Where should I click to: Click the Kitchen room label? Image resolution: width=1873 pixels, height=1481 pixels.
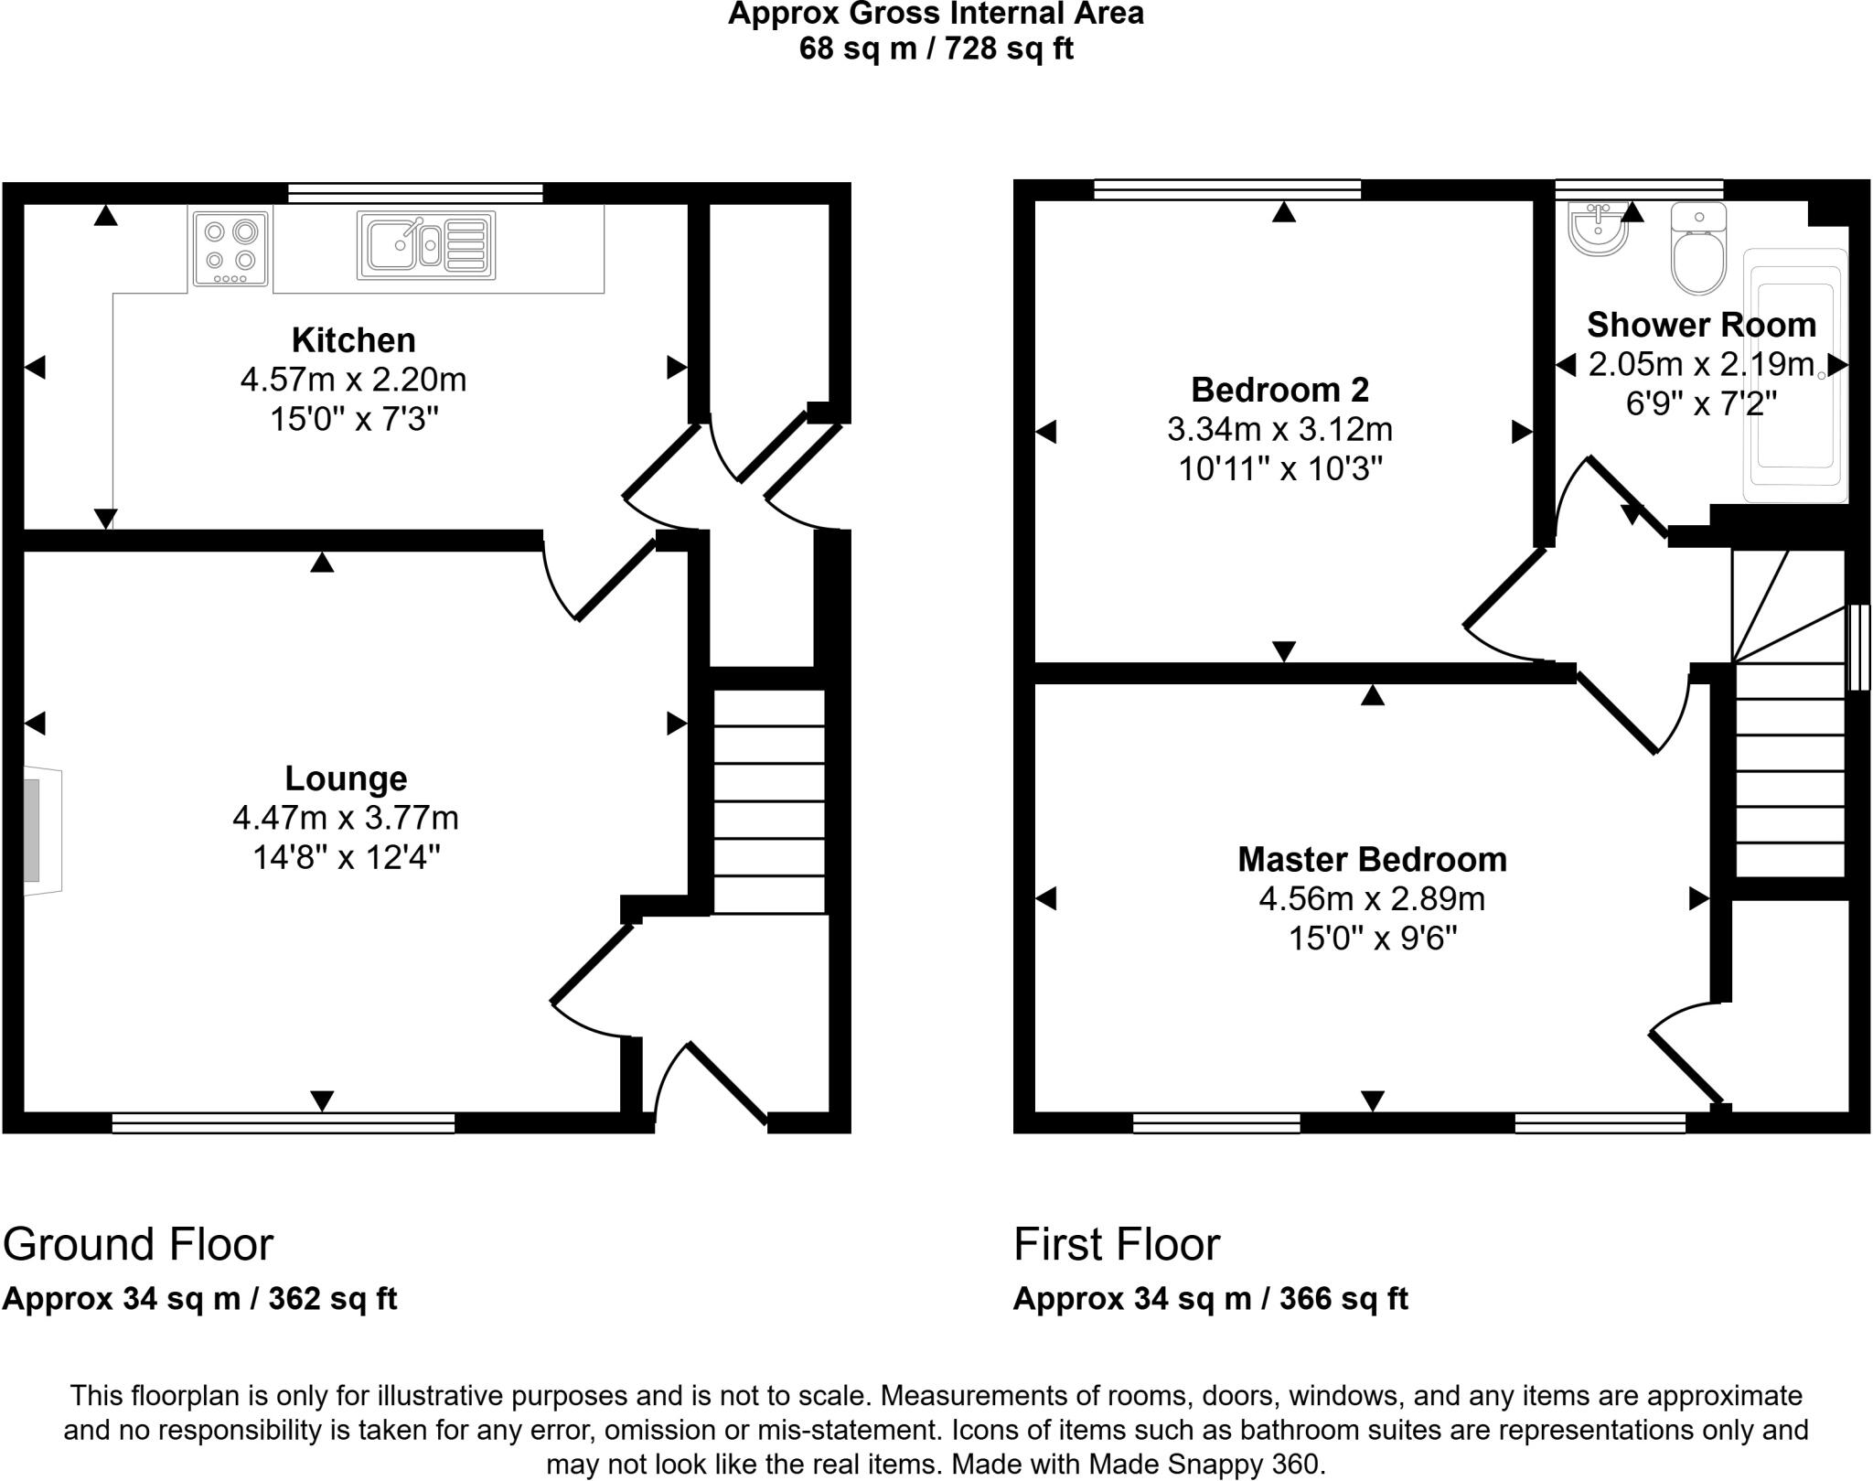(353, 340)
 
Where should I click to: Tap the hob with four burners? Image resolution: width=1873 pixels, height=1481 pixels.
(230, 247)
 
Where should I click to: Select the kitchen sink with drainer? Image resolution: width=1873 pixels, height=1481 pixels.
(426, 245)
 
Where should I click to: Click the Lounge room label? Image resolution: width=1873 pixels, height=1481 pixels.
(346, 778)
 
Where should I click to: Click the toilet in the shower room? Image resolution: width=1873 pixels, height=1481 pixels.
(1698, 250)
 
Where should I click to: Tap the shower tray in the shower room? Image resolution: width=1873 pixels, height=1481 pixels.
(1794, 375)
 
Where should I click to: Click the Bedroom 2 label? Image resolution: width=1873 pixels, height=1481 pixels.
(1279, 390)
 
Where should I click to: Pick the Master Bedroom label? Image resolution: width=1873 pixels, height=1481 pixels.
(1372, 860)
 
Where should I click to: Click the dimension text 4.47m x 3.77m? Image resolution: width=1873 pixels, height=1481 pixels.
(346, 818)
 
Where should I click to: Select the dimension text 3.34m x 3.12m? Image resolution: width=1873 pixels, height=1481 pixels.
(1279, 429)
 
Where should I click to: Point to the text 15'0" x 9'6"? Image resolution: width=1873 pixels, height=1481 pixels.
(1372, 939)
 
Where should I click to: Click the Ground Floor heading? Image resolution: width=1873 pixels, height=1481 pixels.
(138, 1244)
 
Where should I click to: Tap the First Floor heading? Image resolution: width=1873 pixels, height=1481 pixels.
(1117, 1244)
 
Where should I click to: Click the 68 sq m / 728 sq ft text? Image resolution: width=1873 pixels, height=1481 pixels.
(936, 48)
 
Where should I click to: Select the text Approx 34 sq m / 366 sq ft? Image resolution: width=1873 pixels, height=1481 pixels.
(1210, 1299)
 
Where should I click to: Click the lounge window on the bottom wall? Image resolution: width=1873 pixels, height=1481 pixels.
(284, 1123)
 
